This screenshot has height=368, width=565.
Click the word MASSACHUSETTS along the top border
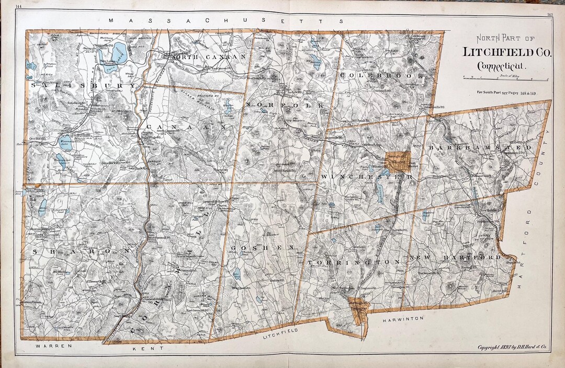(x=226, y=20)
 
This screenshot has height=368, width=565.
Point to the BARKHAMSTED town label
(x=481, y=148)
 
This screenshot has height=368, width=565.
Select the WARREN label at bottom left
(x=50, y=346)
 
